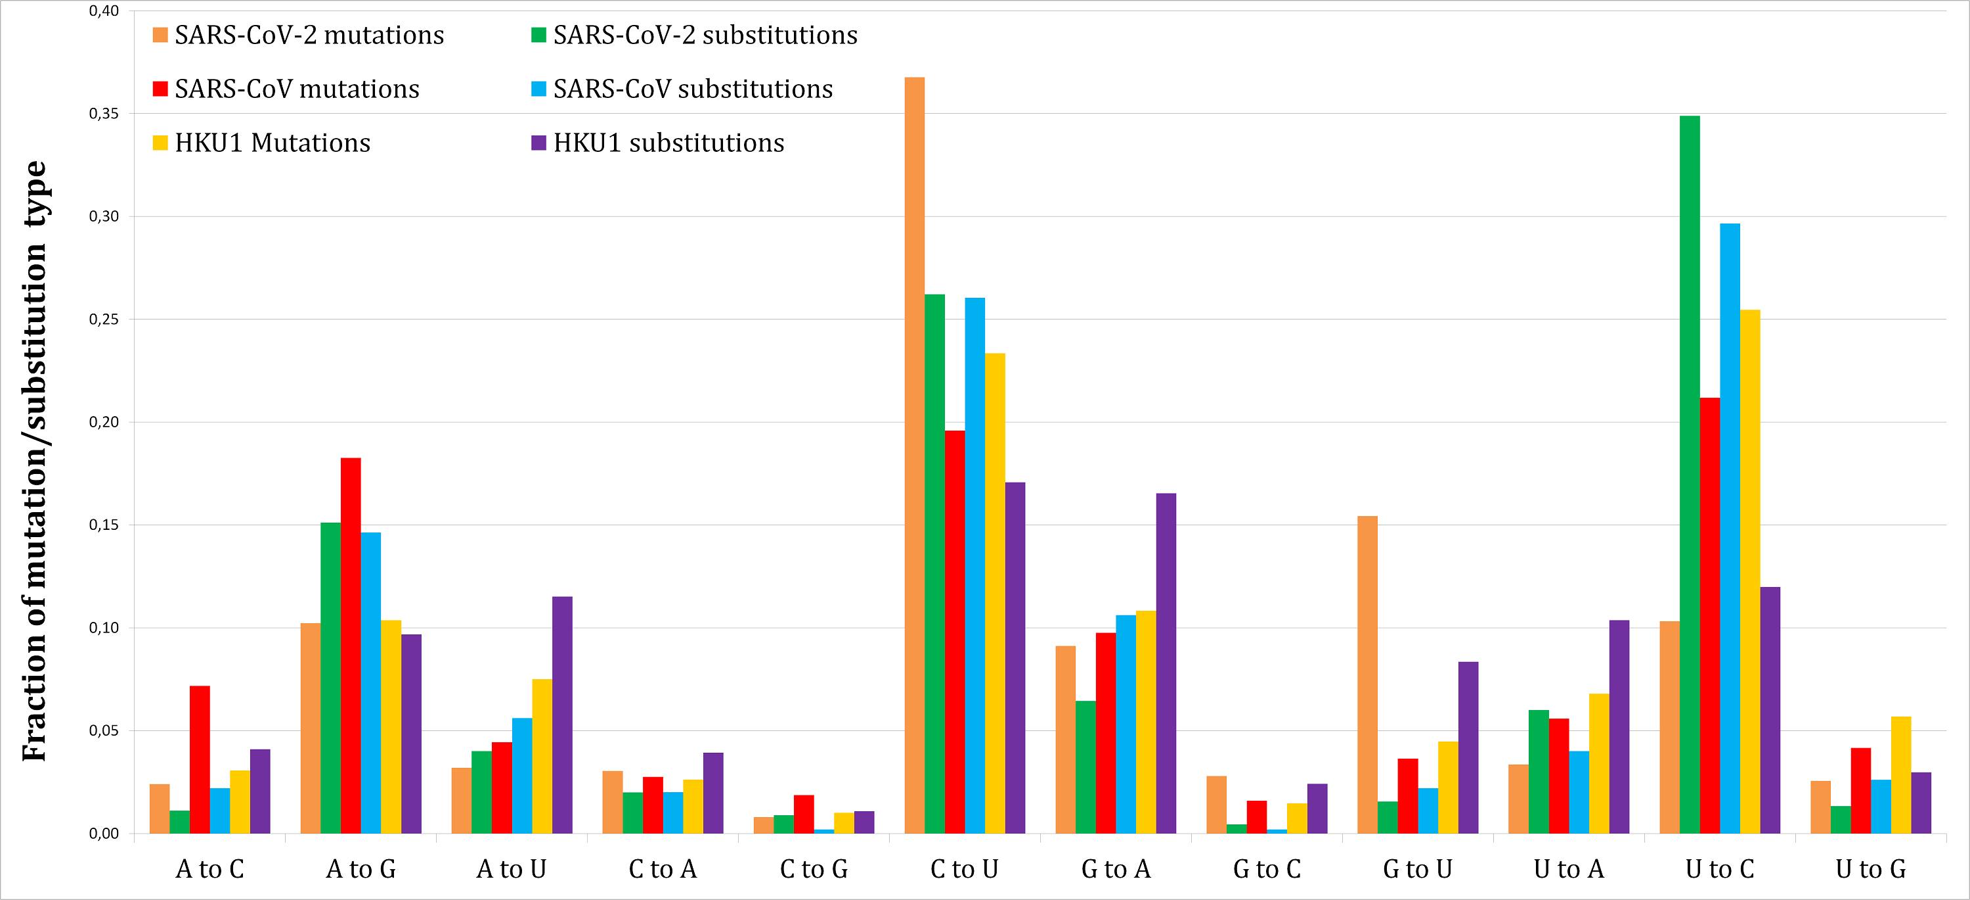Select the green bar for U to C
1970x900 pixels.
(1690, 475)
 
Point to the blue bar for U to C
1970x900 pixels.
(1730, 528)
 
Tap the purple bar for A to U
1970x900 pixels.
(562, 715)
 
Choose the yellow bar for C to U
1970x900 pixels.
(995, 593)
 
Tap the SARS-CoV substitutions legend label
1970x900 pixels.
(693, 89)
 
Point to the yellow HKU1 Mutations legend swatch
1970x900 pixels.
(160, 143)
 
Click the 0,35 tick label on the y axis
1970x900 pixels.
(105, 114)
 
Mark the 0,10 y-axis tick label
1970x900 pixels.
(105, 628)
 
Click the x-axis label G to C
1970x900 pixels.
(1267, 869)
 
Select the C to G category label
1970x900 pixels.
(814, 869)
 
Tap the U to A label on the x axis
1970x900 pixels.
(1569, 869)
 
